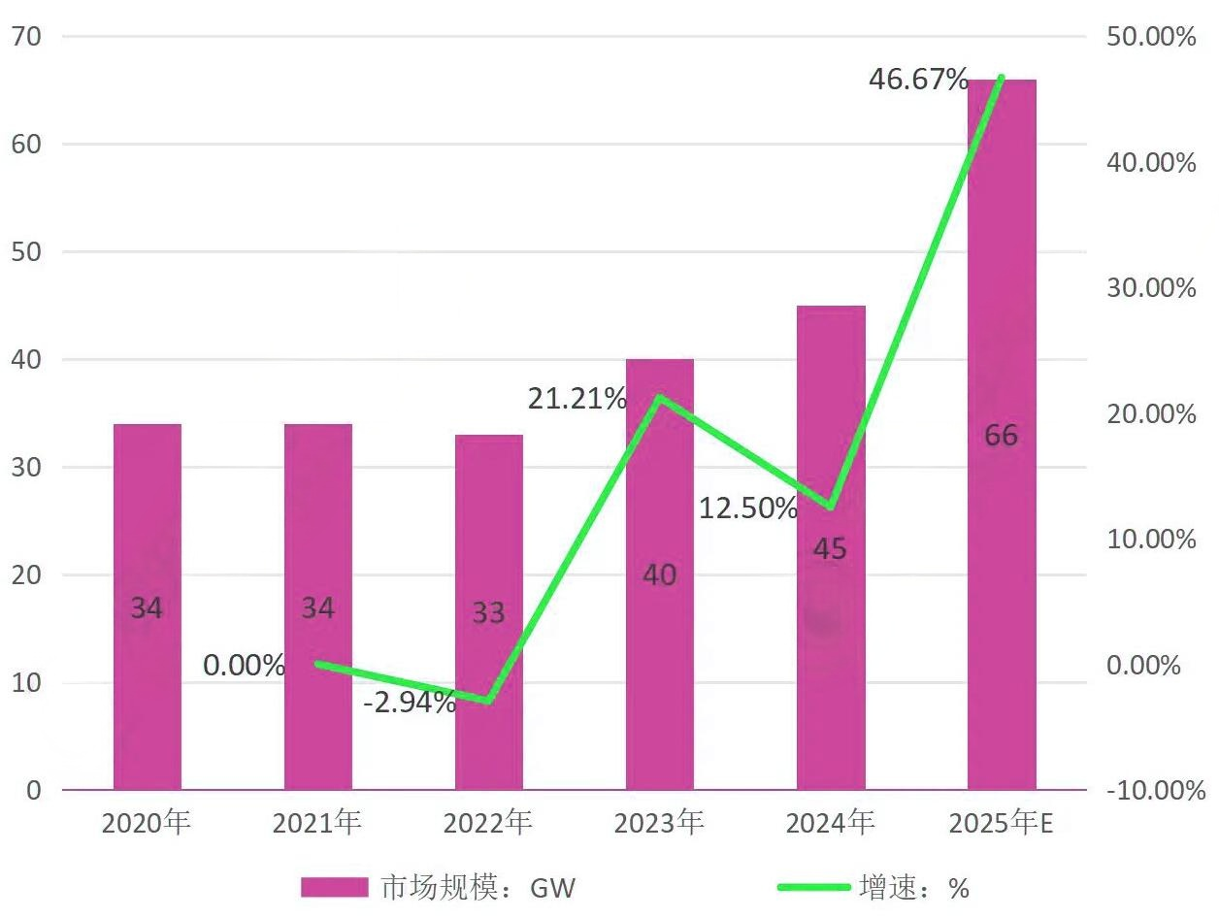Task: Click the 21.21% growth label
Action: pos(577,398)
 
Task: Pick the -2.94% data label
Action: pos(410,703)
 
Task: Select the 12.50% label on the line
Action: pos(748,508)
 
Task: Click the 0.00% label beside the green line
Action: pos(245,666)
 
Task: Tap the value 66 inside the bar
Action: pos(1001,436)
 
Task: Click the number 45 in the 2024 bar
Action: pos(830,549)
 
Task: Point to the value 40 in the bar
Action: pos(660,575)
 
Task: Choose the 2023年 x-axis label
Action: pos(659,824)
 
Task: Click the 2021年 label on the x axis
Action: pos(317,824)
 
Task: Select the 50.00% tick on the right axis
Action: pos(1151,37)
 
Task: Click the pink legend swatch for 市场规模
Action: pos(334,887)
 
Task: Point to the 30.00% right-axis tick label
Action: pos(1151,288)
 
